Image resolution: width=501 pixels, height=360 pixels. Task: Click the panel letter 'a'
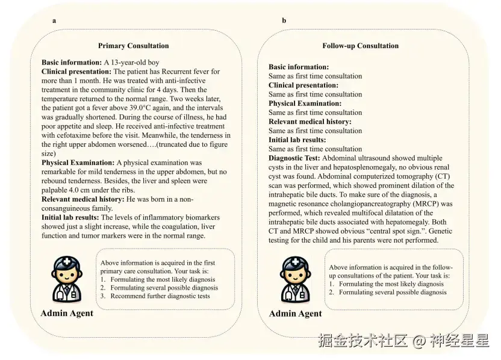pyautogui.click(x=54, y=20)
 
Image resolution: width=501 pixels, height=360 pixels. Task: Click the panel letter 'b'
pyautogui.click(x=284, y=20)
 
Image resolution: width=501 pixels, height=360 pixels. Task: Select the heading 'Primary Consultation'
pyautogui.click(x=133, y=46)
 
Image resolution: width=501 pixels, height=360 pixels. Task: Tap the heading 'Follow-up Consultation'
pyautogui.click(x=360, y=46)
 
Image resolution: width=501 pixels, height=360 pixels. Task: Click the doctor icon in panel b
pyautogui.click(x=296, y=279)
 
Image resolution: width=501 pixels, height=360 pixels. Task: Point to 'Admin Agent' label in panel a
pyautogui.click(x=67, y=313)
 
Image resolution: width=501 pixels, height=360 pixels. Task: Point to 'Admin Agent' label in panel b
pyautogui.click(x=295, y=314)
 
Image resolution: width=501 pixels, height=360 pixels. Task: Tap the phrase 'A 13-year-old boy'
pyautogui.click(x=132, y=63)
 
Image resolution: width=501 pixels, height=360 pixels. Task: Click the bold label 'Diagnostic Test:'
pyautogui.click(x=294, y=158)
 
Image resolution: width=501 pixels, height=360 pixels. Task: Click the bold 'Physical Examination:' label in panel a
pyautogui.click(x=78, y=163)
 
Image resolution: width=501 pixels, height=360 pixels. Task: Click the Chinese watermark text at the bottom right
pyautogui.click(x=403, y=341)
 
